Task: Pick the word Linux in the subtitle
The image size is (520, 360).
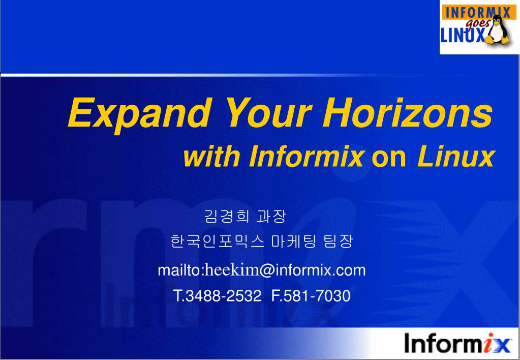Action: coord(455,158)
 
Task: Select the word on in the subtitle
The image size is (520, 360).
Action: coord(389,159)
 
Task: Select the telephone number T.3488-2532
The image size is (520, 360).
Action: coord(218,295)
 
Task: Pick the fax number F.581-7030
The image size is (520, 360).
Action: coord(311,295)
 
